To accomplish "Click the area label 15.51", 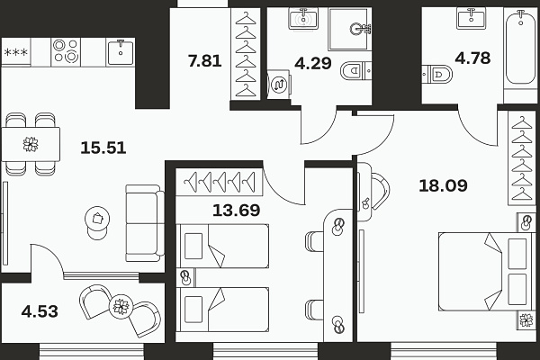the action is pos(103,148).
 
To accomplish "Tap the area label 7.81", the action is pos(204,60).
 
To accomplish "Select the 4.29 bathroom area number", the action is pos(313,63).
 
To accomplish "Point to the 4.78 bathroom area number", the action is pos(472,58).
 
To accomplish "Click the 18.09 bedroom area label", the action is pos(443,185).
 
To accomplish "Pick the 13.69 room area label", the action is pos(236,210).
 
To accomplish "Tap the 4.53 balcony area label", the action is pos(40,311).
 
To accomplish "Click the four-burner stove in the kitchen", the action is pos(66,51).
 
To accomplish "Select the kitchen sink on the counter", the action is pos(121,52).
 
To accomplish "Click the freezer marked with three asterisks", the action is pos(16,52).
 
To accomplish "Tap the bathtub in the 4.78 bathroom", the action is pos(520,48).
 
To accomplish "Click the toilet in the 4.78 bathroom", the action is pos(437,74).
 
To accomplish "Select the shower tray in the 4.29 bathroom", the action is pos(350,30).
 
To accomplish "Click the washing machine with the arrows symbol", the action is pos(279,85).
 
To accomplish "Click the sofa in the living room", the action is pos(145,223).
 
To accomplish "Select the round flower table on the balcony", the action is pos(121,306).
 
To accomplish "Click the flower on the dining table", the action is pos(31,144).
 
